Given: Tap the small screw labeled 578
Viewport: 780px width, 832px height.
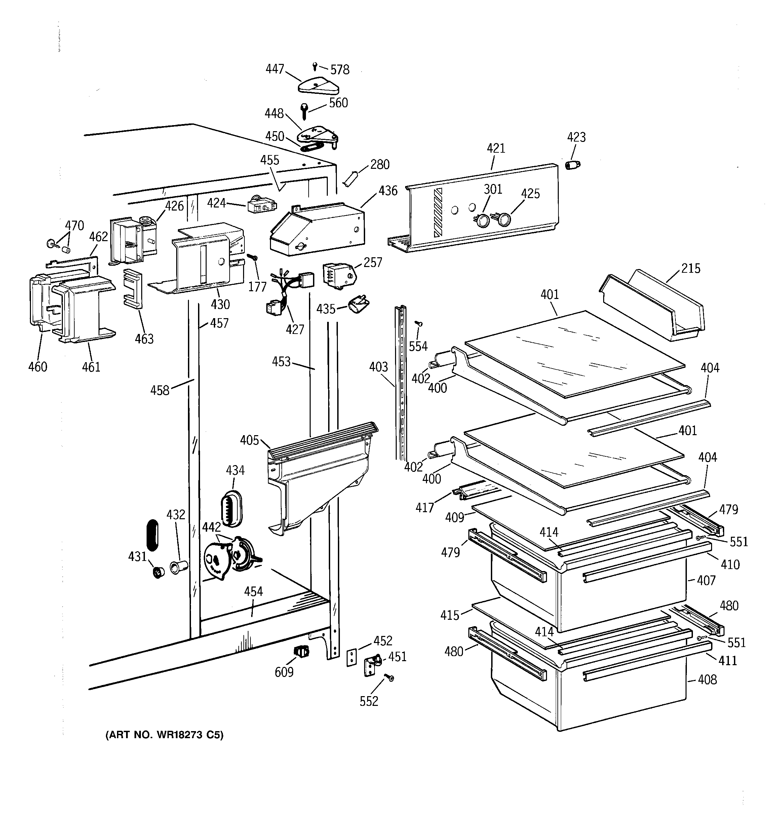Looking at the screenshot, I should [x=315, y=66].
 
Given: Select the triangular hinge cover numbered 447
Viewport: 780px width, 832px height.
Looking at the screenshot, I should [x=318, y=86].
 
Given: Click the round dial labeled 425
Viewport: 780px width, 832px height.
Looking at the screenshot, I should [x=504, y=219].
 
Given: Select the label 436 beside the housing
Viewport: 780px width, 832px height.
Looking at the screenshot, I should [x=388, y=190].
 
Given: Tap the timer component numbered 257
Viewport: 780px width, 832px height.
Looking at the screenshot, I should [x=338, y=275].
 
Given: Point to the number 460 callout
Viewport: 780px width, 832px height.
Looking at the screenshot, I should [x=38, y=367].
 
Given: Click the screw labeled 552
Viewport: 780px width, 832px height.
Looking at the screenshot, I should [x=389, y=677].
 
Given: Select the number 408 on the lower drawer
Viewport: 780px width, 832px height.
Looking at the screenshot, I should [x=707, y=680].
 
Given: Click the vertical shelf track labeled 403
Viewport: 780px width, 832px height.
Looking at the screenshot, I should [x=400, y=381].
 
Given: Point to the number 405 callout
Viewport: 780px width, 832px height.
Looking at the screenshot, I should [x=249, y=440].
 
